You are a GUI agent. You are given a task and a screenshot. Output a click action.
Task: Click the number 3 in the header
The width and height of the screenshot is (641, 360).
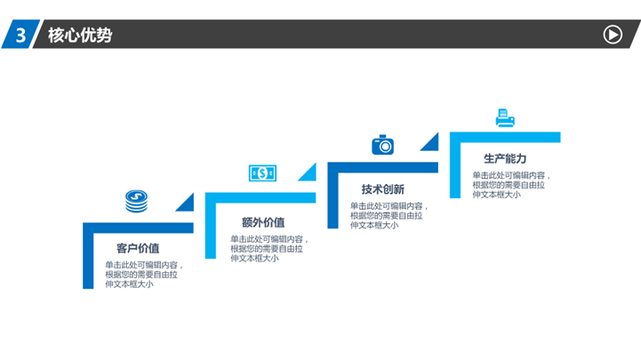(x=20, y=36)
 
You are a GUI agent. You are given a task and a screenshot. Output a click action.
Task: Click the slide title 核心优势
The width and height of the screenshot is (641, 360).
(x=80, y=36)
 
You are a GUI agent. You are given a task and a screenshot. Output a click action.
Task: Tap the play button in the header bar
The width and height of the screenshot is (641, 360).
(x=613, y=35)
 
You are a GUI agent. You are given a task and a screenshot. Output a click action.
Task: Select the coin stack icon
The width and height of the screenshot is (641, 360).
(x=137, y=201)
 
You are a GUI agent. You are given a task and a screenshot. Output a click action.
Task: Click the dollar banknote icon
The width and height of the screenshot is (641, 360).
(x=262, y=173)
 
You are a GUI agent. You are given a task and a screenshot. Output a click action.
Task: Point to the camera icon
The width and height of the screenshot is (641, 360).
(x=382, y=145)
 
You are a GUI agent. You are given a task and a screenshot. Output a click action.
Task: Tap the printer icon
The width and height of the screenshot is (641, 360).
(x=505, y=118)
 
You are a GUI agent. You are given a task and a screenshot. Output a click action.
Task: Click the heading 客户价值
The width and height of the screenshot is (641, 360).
(x=138, y=248)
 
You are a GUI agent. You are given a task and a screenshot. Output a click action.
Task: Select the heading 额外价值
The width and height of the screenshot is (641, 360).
(x=263, y=222)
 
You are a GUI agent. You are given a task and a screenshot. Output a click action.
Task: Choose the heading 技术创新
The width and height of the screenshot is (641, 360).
(x=382, y=189)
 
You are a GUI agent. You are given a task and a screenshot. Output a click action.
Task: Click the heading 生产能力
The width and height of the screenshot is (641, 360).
(x=505, y=158)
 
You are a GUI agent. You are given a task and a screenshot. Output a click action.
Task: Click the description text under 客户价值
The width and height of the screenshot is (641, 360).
(x=143, y=275)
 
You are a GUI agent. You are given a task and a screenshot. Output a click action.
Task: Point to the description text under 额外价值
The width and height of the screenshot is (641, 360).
(x=269, y=249)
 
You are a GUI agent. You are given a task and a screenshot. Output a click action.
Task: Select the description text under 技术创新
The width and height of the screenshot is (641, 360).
(x=389, y=215)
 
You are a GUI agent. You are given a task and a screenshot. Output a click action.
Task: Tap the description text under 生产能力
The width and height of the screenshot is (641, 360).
(x=511, y=185)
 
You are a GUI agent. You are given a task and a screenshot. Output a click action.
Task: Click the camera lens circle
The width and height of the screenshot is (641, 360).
(x=385, y=147)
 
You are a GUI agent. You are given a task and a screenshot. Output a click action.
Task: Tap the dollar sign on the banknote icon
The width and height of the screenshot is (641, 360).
(x=262, y=173)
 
